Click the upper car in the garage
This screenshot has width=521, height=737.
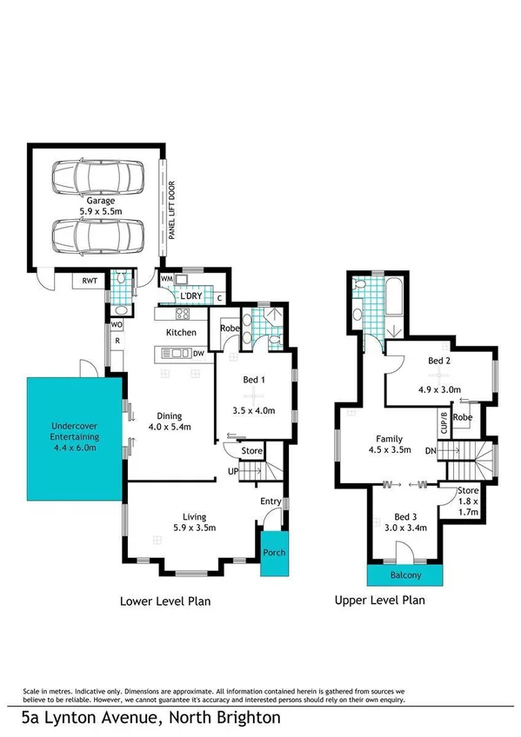click(x=97, y=177)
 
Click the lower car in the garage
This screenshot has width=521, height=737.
click(x=97, y=234)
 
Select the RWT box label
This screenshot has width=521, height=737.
click(x=89, y=281)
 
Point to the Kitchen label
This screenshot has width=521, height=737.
click(x=181, y=333)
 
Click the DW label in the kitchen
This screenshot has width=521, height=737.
click(x=198, y=353)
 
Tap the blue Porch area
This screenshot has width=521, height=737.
click(x=275, y=552)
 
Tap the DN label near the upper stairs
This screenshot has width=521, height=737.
click(x=430, y=450)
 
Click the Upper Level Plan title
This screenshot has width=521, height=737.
click(x=380, y=601)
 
